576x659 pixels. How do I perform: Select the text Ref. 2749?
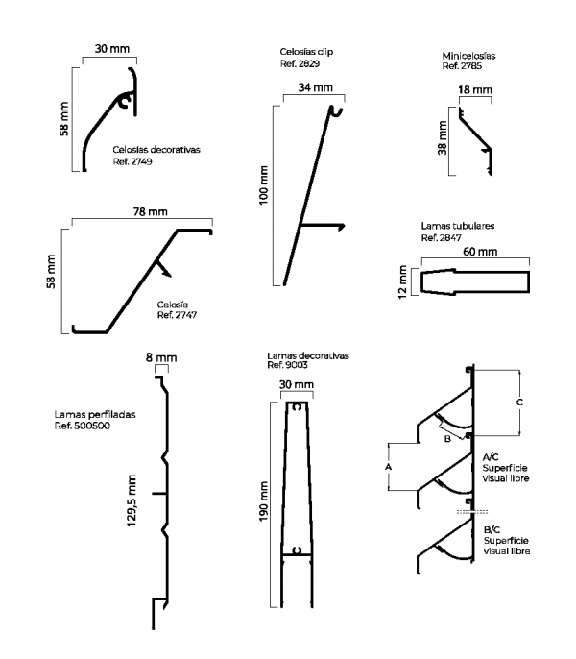(132, 161)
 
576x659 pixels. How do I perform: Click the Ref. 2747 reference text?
(179, 314)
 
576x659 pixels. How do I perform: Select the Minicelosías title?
(468, 56)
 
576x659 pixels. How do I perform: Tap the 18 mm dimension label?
(475, 89)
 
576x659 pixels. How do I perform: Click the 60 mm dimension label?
(480, 252)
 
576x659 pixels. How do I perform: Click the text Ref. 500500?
(83, 426)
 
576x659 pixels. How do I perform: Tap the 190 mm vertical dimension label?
(265, 500)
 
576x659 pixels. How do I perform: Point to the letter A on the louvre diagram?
(388, 466)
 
